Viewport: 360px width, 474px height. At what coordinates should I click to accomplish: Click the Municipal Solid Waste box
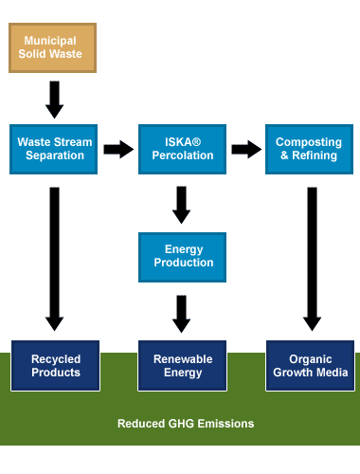(52, 47)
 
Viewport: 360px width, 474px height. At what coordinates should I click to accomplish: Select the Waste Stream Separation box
(53, 149)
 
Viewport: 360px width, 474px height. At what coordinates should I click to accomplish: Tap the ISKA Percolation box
(182, 149)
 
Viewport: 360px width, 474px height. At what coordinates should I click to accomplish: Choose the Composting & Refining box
(309, 149)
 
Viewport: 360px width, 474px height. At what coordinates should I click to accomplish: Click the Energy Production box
(182, 257)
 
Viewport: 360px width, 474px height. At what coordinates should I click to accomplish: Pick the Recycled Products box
(55, 366)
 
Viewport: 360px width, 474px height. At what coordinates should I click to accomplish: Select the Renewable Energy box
(182, 366)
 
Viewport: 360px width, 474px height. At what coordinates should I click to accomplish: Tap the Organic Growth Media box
(310, 366)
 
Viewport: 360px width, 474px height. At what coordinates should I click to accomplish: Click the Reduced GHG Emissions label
(186, 424)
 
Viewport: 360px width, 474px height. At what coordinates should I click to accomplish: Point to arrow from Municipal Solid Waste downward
(54, 100)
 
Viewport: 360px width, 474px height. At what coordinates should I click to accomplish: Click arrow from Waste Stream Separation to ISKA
(118, 149)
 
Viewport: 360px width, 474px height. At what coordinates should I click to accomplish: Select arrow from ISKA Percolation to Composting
(246, 149)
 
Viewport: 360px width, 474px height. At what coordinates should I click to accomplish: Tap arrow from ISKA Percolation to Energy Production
(181, 205)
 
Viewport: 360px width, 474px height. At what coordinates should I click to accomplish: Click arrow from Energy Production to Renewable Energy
(181, 314)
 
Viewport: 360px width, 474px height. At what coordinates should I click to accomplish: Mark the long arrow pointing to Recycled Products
(54, 259)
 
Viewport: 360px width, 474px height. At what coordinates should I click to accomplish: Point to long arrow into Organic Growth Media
(312, 259)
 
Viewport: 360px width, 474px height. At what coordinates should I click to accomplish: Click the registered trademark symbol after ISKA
(196, 141)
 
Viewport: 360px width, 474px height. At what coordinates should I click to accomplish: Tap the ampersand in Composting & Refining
(284, 155)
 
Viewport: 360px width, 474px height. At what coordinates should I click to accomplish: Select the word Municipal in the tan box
(50, 41)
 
